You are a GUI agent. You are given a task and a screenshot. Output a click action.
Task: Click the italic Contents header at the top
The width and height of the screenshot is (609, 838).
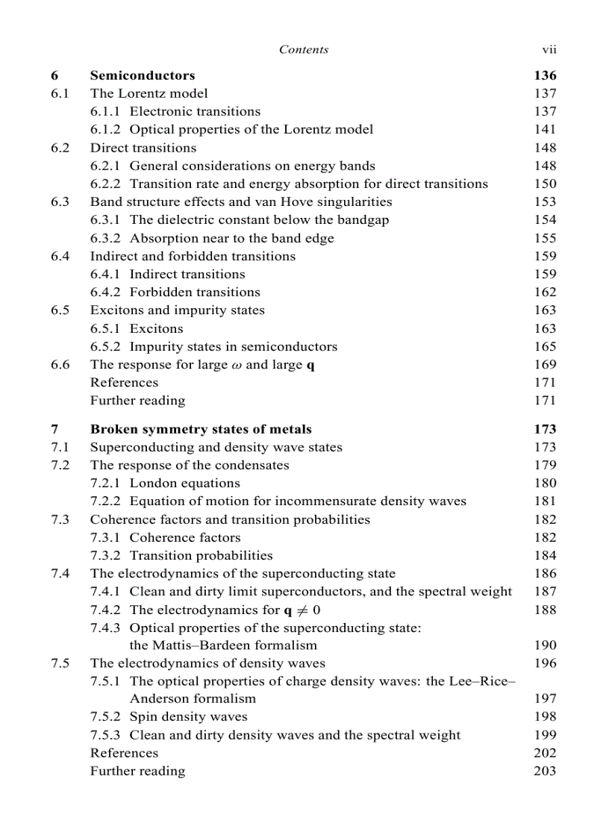[x=303, y=50]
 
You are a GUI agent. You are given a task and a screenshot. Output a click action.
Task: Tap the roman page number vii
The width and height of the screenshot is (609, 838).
[x=549, y=50]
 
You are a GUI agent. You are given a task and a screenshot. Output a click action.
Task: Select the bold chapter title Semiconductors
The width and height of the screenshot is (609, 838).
[x=143, y=75]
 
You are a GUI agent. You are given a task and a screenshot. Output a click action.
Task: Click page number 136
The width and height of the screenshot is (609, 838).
[x=545, y=75]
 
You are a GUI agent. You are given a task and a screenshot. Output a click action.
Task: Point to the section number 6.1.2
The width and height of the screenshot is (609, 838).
[x=107, y=130]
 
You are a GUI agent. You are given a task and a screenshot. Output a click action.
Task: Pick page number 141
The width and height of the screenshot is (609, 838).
[x=545, y=130]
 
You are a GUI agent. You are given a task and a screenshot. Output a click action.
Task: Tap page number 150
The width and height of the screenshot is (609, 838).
[x=545, y=184]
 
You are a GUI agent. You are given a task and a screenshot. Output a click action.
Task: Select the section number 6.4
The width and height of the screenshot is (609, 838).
[x=60, y=257]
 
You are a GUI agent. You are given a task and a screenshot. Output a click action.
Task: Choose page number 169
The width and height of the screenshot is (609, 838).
[x=545, y=365]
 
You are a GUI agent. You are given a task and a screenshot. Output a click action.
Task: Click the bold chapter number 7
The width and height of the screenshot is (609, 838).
[x=54, y=430]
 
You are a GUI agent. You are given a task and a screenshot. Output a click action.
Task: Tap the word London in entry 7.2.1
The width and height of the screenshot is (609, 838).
[x=152, y=484]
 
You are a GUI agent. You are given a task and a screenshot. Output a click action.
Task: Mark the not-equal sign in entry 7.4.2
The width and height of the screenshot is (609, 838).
[x=301, y=610]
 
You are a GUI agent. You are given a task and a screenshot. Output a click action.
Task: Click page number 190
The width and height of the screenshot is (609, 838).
[x=545, y=645]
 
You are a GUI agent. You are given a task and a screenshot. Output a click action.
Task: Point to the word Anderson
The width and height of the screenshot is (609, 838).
[x=160, y=699]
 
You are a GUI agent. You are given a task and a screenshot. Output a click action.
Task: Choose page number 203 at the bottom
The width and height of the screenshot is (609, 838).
[x=545, y=772]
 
